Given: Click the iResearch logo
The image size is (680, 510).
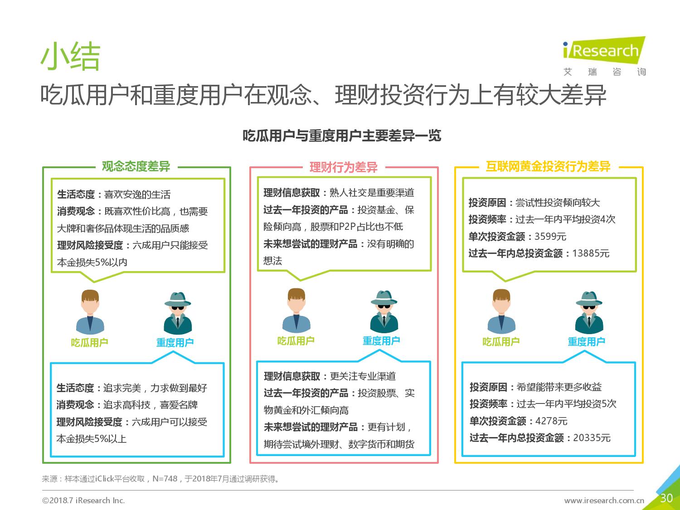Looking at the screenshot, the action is point(604,56).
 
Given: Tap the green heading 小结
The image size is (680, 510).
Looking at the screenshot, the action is point(70,56).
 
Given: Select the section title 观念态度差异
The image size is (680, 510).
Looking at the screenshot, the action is point(136,166).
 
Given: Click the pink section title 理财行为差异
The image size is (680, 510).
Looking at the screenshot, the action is point(344,167).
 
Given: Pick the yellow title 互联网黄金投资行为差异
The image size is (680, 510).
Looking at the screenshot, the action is point(548,166).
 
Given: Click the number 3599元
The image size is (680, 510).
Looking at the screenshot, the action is point(550,237).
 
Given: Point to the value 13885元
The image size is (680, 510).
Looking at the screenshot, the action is point(591,253).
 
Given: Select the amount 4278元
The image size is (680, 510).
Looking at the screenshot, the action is point(551,421).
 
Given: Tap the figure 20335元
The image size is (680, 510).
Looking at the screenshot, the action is point(592,438).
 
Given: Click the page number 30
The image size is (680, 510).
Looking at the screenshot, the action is point(666,498).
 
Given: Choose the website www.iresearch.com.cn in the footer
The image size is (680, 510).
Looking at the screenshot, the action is point(604,500).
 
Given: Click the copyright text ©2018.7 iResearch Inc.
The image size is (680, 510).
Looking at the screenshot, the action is point(83,500).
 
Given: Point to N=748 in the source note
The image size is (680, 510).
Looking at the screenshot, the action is point(165,479).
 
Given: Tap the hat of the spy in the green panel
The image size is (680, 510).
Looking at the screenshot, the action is point(178,299).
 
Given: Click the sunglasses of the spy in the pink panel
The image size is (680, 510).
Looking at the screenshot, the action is point(384,306).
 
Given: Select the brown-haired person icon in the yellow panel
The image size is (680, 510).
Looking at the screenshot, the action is point(501,311).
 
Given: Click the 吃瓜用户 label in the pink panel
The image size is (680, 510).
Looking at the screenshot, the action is point(296,341).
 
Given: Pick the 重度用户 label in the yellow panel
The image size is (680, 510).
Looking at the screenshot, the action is point(587,341).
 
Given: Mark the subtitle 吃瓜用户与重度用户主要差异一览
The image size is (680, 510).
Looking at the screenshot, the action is point(342,136).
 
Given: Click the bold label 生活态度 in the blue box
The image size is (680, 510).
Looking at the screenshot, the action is point(75,388).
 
